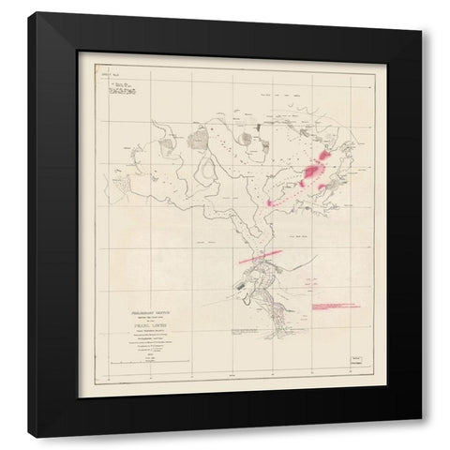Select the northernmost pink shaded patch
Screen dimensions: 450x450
pos(325,150)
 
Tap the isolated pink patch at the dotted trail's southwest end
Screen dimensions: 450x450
pos(272,198)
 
